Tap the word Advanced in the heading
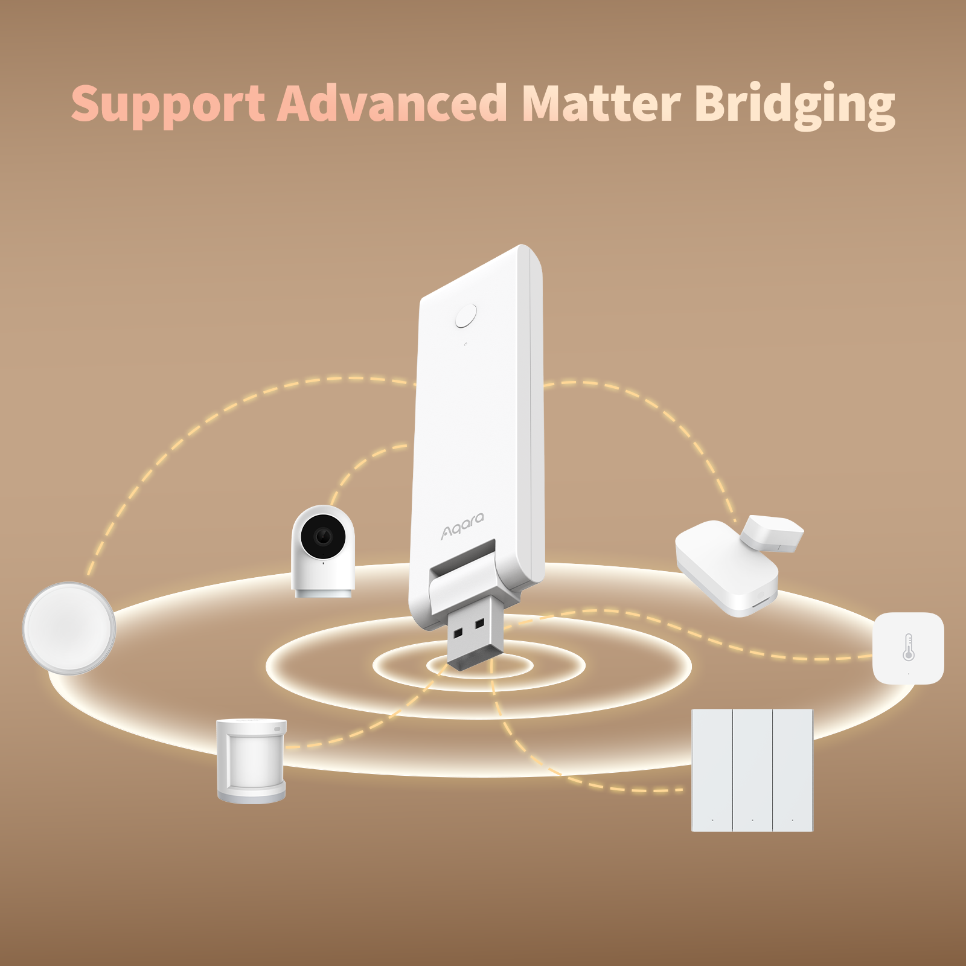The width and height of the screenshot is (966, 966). (392, 102)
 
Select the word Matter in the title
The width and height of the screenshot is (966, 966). (601, 103)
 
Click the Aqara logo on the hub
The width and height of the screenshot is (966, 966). (462, 525)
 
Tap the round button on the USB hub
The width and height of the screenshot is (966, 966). (466, 316)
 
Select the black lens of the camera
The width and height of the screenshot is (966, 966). (323, 536)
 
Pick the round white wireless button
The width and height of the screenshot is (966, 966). (69, 628)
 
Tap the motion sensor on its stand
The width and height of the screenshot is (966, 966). (251, 761)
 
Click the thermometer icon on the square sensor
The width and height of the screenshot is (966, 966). (908, 647)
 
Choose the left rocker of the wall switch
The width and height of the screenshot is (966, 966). (712, 770)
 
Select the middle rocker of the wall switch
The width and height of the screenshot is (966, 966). (752, 770)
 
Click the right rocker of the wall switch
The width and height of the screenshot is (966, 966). (793, 770)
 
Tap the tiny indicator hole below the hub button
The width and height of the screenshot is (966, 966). (465, 345)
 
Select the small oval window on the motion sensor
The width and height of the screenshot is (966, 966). (278, 729)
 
